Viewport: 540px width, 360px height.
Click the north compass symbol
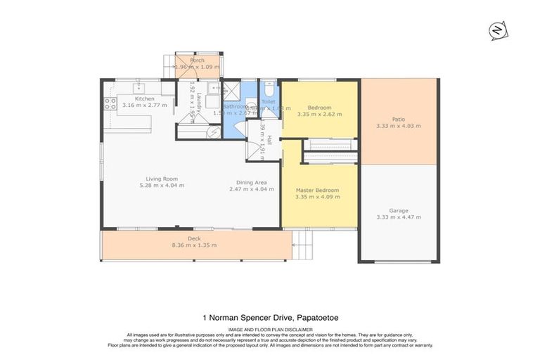click(x=496, y=32)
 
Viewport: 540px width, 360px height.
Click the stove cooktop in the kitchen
click(x=110, y=103)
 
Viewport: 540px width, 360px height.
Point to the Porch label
click(x=197, y=60)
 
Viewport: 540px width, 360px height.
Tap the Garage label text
click(x=398, y=210)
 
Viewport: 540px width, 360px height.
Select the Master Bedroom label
click(x=319, y=191)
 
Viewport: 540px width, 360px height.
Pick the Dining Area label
click(x=250, y=179)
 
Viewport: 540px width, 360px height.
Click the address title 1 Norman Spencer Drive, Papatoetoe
click(x=270, y=318)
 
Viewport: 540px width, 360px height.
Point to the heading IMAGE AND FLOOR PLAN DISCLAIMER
click(x=270, y=328)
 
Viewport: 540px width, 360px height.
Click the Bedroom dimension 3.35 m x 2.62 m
click(x=319, y=114)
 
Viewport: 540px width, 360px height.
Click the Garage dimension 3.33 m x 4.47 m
click(x=398, y=217)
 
